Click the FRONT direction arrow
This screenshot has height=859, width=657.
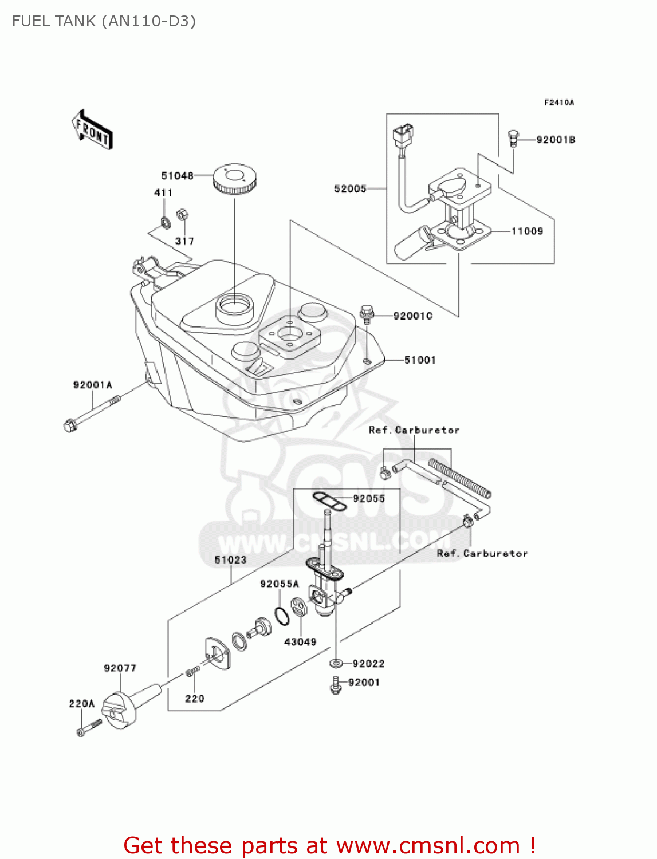92,131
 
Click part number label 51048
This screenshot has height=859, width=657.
177,176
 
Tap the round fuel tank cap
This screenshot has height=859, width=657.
235,179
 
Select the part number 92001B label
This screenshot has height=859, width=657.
556,140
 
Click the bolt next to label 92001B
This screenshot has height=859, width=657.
513,138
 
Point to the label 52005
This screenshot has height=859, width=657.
350,188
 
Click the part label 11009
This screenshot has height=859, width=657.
527,231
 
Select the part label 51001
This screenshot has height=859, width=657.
420,360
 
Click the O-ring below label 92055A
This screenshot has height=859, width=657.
281,616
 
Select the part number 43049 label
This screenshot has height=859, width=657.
300,642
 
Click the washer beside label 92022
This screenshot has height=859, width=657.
336,664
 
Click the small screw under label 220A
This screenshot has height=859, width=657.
88,728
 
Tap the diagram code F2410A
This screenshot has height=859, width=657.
558,103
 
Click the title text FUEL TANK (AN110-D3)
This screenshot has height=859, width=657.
104,22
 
